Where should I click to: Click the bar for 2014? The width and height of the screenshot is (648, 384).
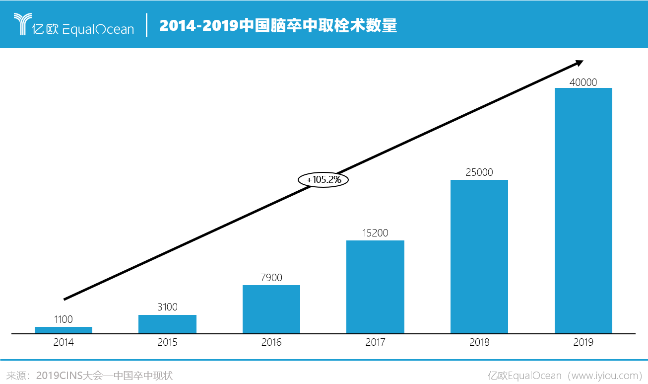coord(64,330)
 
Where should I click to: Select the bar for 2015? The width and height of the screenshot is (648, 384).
coord(167,324)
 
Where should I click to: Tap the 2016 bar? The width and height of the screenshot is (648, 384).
coord(271,309)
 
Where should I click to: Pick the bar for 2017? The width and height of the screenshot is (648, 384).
coord(375,287)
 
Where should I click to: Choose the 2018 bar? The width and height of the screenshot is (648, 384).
coord(479,256)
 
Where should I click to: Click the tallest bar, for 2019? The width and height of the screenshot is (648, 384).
coord(583,211)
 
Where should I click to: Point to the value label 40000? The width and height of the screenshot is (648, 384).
coord(583,82)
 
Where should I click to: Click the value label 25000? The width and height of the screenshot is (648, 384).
coord(479,172)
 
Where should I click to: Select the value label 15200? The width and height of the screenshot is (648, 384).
coord(375,233)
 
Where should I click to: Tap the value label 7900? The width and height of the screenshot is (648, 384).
coord(271,278)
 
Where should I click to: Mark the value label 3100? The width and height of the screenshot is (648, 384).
coord(167,307)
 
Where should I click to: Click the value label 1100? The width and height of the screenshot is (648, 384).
coord(64,319)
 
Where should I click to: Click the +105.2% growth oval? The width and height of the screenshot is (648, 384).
coord(324,180)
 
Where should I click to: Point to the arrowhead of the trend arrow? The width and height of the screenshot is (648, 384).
coord(579,63)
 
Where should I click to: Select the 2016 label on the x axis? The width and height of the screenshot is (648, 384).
coord(271,342)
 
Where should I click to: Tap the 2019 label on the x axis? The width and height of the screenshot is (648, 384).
coord(583,342)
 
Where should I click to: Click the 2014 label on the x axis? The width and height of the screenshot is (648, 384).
coord(64,342)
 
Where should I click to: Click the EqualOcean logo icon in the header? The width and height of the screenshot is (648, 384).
coord(22,24)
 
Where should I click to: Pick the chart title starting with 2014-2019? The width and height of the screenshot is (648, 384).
coord(278,25)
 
